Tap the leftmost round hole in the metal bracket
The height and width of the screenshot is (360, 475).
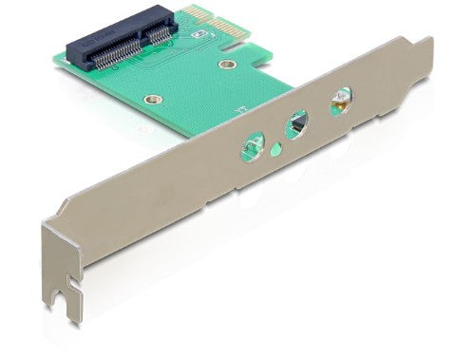coord(252,145)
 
